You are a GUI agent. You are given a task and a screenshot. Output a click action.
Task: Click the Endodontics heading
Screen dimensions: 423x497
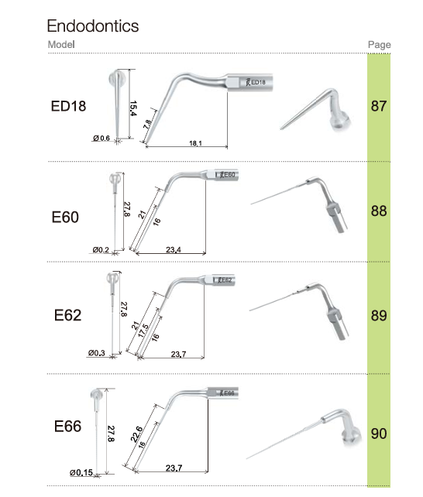[93, 26]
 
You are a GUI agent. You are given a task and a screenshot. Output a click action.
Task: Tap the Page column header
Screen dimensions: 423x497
[380, 45]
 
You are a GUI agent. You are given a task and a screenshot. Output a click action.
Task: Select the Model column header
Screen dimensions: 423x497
[61, 44]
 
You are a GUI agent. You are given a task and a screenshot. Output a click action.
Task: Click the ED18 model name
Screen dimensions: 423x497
[68, 106]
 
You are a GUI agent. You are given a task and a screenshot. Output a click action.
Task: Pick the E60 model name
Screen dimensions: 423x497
[65, 217]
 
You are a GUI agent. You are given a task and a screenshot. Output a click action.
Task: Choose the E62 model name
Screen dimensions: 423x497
[67, 315]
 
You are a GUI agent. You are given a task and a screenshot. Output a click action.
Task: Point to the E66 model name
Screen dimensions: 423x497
[67, 426]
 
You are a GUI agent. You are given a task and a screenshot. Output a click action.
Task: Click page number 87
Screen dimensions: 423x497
[379, 106]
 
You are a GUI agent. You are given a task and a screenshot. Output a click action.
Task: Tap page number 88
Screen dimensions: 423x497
[379, 211]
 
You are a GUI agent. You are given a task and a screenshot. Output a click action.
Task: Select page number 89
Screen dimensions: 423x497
[379, 315]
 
